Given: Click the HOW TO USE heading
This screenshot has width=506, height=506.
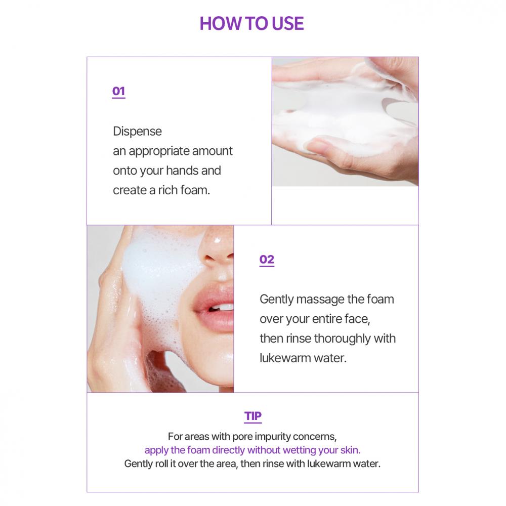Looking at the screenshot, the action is (x=251, y=24).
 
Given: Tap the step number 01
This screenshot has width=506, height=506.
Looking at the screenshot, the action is (x=118, y=91).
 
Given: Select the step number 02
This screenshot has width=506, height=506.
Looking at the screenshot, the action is (x=267, y=260).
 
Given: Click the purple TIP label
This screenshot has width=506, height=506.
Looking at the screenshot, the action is (x=252, y=416).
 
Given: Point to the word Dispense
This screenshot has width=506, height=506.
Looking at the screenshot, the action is (x=137, y=132).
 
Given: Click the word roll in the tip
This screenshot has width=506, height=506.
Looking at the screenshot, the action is (x=162, y=463).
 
